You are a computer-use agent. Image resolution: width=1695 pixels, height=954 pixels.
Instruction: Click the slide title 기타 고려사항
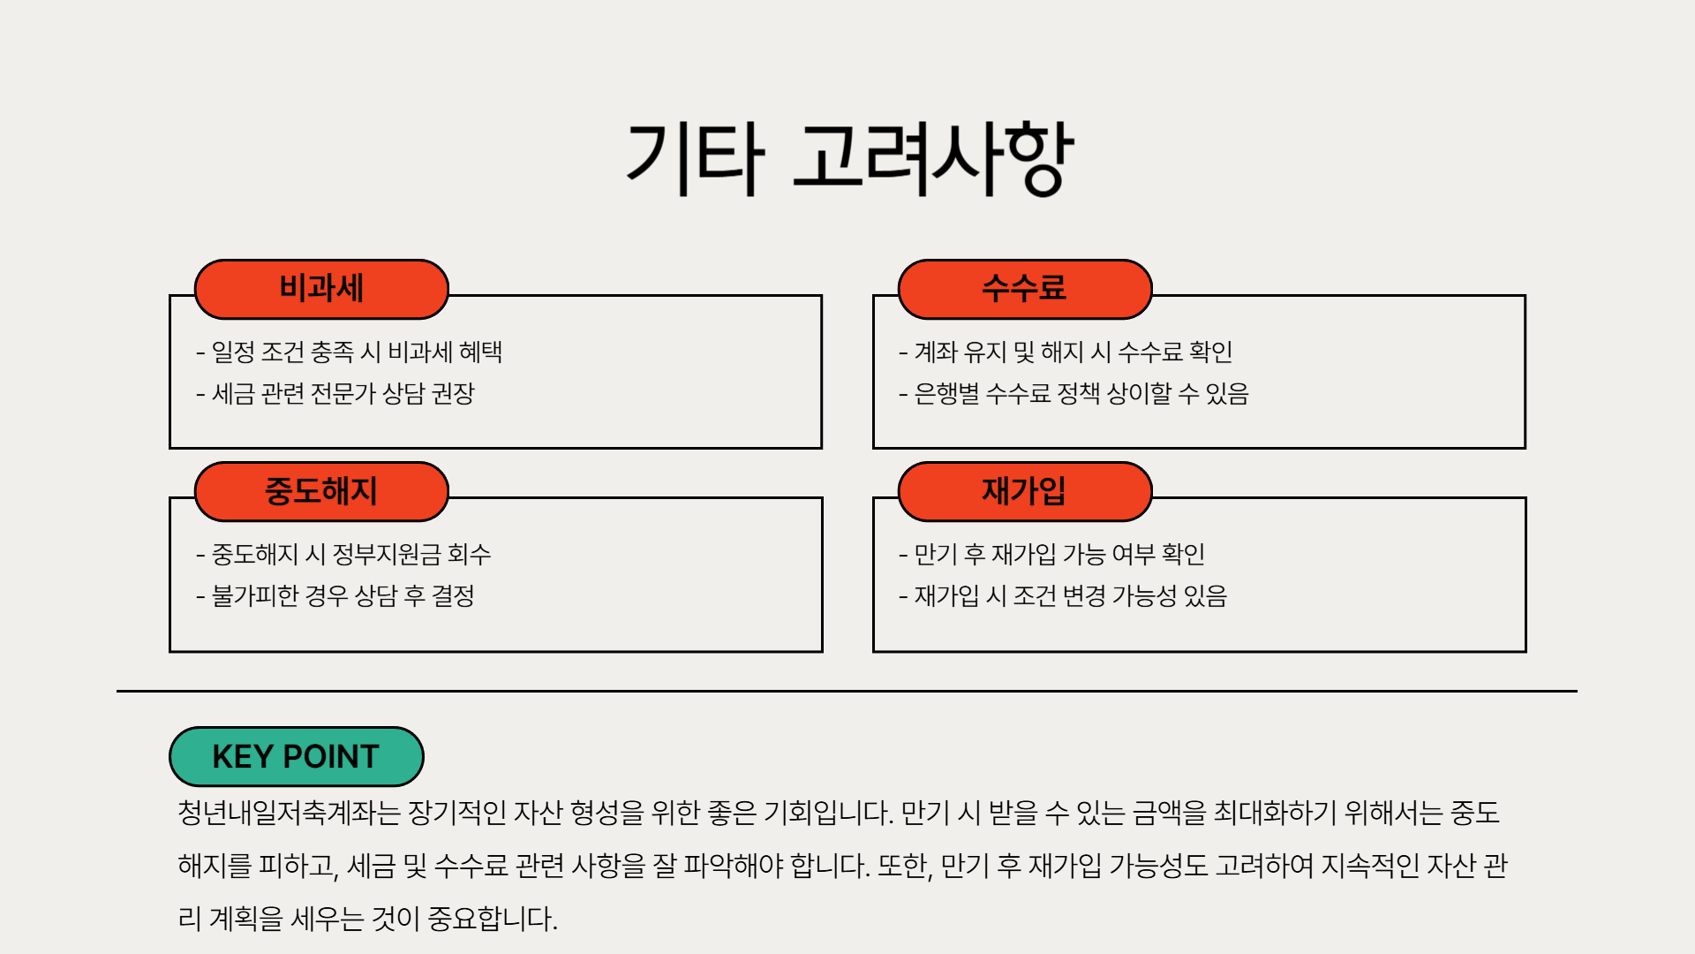pos(848,159)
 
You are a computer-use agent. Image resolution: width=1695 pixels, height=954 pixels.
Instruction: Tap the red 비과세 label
pos(321,289)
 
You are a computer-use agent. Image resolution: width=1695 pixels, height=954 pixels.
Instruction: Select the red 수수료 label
pos(1024,289)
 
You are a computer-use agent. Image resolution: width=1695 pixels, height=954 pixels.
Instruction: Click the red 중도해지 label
pos(321,491)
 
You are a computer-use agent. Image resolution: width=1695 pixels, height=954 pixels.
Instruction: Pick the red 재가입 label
pos(1024,491)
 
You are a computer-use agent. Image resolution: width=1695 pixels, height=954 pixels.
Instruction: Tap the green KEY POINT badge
pos(296,757)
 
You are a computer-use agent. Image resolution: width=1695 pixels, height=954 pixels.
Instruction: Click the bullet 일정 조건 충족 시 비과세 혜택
pos(350,352)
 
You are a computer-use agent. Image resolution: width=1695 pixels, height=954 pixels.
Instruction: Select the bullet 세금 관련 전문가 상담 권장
pos(335,394)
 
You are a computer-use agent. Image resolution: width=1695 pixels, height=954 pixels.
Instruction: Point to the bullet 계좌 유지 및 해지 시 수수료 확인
pos(1066,352)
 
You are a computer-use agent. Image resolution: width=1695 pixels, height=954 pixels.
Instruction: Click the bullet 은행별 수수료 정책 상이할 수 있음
pos(1073,394)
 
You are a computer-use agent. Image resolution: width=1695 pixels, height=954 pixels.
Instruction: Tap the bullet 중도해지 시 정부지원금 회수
pos(343,555)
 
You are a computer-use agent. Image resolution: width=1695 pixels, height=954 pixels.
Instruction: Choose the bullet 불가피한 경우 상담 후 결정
pos(335,596)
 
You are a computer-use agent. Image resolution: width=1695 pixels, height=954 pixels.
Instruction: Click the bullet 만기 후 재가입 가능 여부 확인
pos(1052,555)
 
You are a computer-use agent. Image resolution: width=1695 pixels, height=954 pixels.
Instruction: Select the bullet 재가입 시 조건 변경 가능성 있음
pos(1063,596)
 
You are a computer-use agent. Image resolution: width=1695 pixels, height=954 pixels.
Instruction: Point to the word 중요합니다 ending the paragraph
pos(492,919)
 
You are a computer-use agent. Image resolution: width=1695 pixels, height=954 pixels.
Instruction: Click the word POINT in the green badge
pos(331,757)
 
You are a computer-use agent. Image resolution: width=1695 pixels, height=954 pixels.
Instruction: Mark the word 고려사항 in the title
pos(932,159)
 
